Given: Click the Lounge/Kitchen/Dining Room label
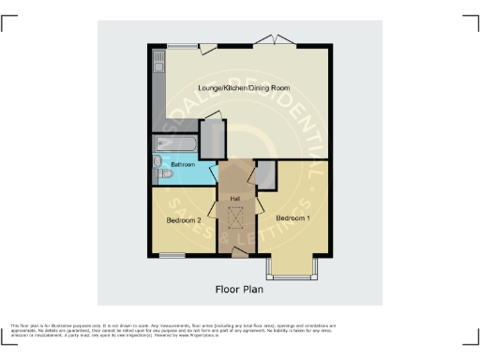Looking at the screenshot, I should click(x=243, y=88).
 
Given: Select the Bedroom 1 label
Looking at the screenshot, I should click(x=292, y=217).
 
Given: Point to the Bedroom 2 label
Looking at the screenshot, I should click(x=185, y=220).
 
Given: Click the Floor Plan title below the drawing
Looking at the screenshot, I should click(x=241, y=288).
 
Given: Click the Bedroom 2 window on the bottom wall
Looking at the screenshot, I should click(x=172, y=254).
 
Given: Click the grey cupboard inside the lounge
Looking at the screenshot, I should click(x=213, y=139).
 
